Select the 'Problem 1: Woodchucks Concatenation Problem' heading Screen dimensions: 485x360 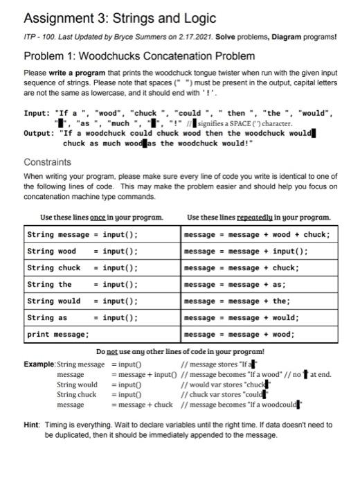tap(139, 55)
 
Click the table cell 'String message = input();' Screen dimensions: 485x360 tap(82, 234)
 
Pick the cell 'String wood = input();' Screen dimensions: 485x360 tap(82, 251)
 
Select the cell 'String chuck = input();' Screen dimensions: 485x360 tap(82, 267)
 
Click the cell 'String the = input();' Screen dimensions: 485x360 tap(82, 284)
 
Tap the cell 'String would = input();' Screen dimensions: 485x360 tap(82, 301)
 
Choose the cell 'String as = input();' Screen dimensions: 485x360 tap(82, 317)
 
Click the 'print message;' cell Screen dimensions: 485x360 tap(58, 334)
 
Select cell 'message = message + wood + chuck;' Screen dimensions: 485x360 tap(257, 234)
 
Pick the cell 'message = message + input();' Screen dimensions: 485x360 tap(246, 251)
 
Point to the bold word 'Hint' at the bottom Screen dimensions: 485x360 tap(32, 425)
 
